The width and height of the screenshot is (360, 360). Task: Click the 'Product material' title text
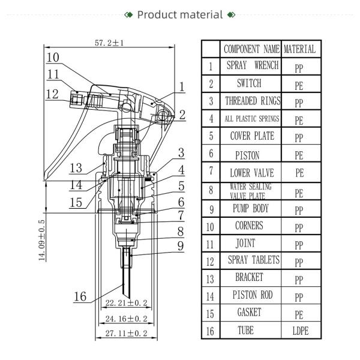point(180,14)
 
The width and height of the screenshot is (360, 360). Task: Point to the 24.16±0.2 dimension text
point(126,318)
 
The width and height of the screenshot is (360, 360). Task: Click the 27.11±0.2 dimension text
point(126,333)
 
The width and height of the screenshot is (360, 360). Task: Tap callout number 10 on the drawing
point(53,58)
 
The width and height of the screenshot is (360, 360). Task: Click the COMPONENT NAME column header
point(251,49)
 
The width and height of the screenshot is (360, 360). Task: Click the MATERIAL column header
point(299,49)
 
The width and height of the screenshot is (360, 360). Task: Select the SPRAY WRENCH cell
point(251,66)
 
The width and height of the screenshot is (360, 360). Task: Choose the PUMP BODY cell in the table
point(251,209)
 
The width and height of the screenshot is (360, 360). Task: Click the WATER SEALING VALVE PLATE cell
point(251,191)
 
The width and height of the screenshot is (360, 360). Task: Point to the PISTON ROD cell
point(251,295)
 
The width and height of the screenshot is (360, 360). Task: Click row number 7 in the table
point(211,172)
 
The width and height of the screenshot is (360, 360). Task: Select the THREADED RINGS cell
point(251,101)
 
